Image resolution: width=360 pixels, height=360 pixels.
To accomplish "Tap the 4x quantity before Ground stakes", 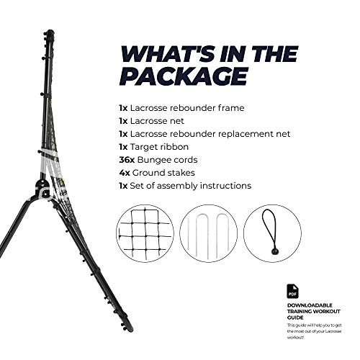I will [x=125, y=172].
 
